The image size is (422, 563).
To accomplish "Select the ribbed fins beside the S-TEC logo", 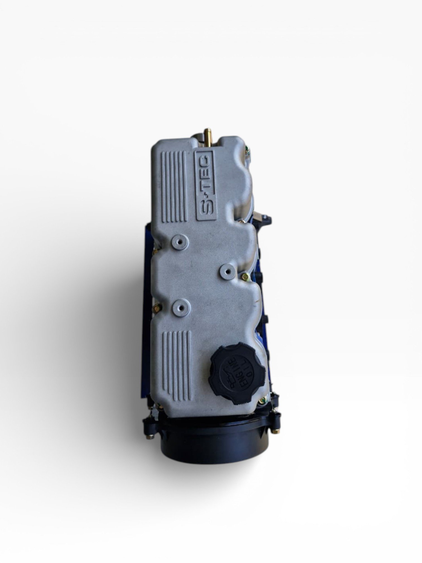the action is click(173, 187).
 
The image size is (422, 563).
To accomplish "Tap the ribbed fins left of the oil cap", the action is click(177, 362).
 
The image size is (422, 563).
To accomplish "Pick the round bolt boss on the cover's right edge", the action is click(227, 269).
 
